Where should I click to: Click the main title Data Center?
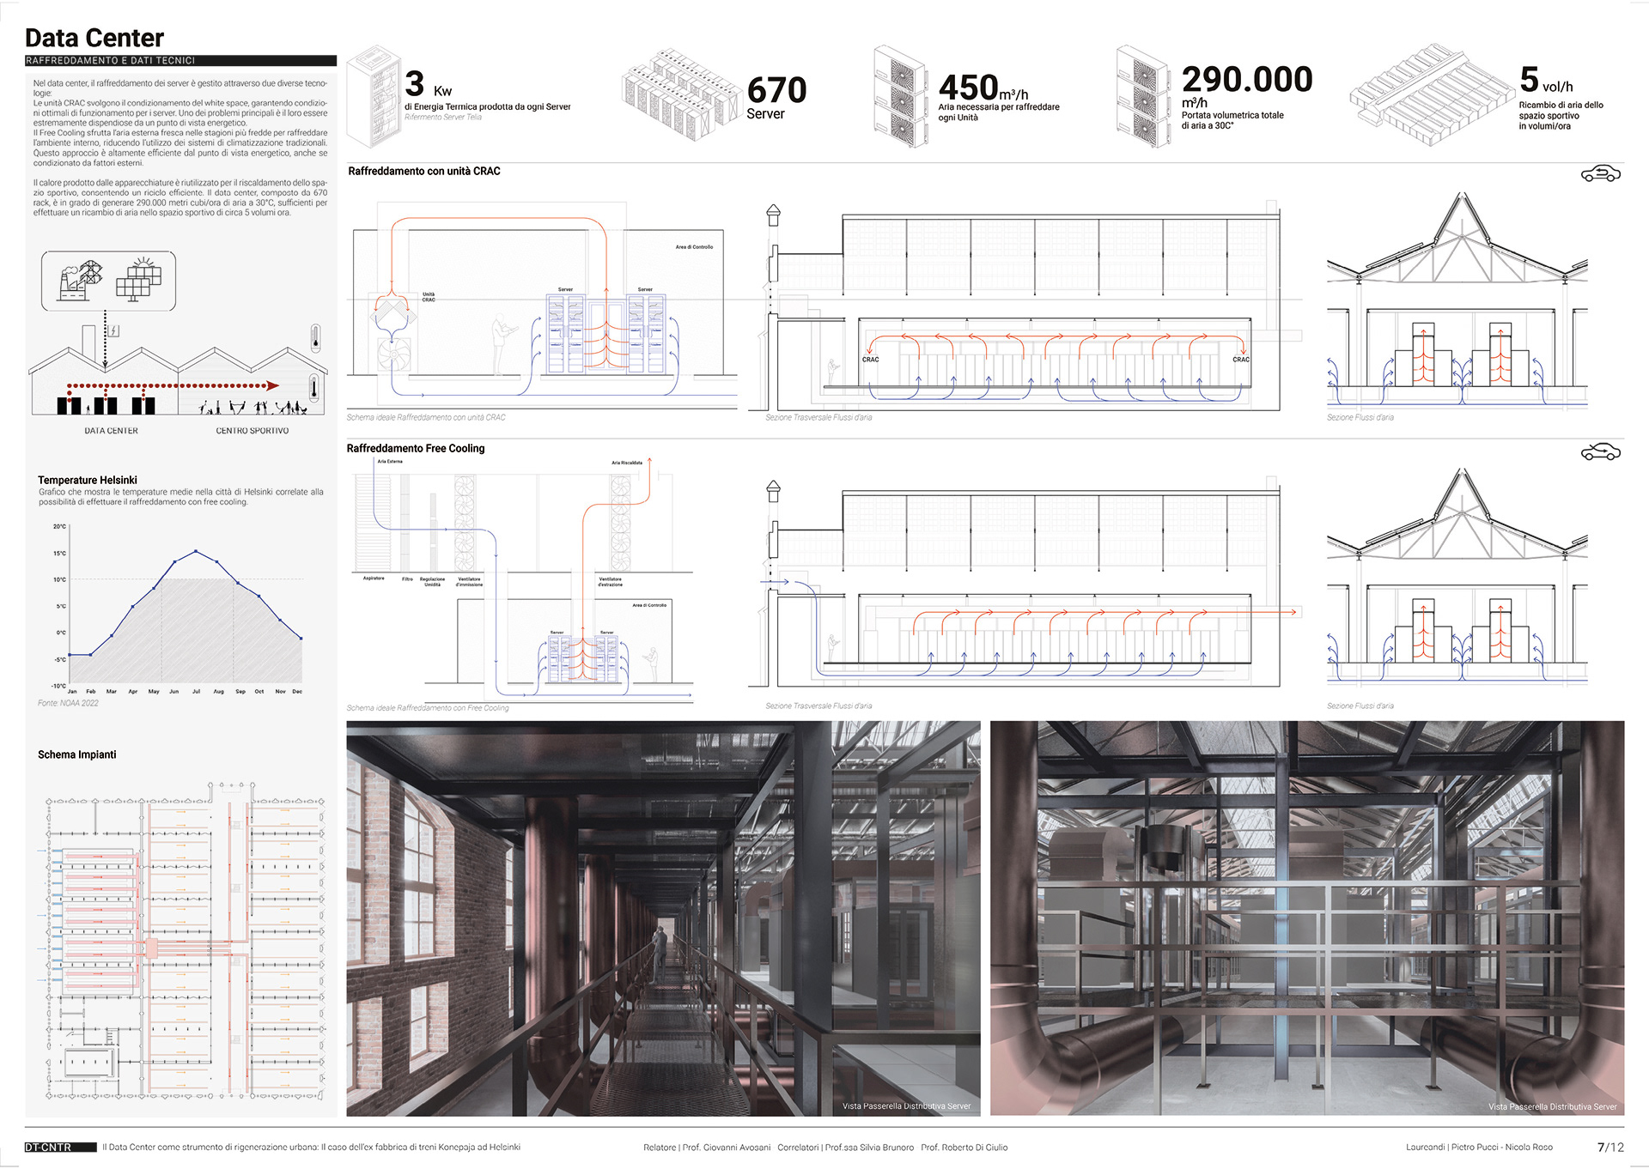94,38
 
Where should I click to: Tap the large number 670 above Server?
776,90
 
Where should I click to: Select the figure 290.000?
1246,80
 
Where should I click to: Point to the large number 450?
968,88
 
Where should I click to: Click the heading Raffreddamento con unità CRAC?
423,172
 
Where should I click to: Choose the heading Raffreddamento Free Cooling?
416,448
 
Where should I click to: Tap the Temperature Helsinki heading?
88,480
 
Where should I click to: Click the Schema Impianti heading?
77,754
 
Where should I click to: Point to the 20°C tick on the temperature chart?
59,526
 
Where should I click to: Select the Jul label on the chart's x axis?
196,691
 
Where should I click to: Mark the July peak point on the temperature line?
196,551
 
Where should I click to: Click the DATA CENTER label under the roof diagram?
111,431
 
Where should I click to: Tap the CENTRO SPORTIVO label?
252,431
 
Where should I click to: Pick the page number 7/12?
1610,1147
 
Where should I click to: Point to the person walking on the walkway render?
659,953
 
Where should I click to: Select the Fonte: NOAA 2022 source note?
68,703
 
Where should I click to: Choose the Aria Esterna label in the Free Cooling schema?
389,461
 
